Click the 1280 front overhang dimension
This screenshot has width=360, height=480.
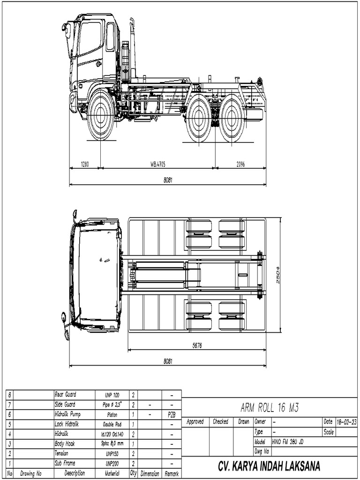(x=85, y=164)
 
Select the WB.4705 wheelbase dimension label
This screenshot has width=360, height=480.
(x=158, y=164)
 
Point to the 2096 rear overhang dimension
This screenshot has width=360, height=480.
(x=240, y=164)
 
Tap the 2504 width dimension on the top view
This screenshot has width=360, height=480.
(x=277, y=275)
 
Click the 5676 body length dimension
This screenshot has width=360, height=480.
(x=197, y=346)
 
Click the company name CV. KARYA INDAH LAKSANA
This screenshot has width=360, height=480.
(x=269, y=466)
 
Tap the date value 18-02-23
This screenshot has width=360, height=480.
(x=346, y=422)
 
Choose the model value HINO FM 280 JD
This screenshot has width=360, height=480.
(x=291, y=442)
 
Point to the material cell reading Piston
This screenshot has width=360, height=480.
(x=112, y=415)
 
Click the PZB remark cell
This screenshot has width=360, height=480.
(x=172, y=415)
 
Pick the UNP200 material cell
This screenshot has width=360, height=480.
(x=112, y=464)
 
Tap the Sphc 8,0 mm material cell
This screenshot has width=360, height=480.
(x=112, y=444)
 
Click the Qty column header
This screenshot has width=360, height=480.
(x=133, y=474)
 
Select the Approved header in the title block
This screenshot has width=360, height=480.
(x=195, y=422)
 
